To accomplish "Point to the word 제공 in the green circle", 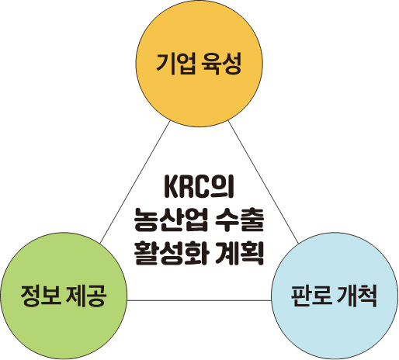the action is [86, 296].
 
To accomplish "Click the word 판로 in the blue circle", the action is [311, 296].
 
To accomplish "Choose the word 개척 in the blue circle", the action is [357, 296].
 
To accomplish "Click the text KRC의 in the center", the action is [199, 186].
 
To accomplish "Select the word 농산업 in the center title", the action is [171, 220].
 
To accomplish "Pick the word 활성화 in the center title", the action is [171, 253].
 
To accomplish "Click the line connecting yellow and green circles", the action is [135, 182].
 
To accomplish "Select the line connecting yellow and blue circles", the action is [263, 182].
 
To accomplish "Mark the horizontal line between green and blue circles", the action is [199, 300].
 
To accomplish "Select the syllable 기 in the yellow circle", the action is [165, 64].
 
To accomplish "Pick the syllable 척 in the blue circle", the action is [368, 296].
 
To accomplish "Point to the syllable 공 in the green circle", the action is [97, 296].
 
